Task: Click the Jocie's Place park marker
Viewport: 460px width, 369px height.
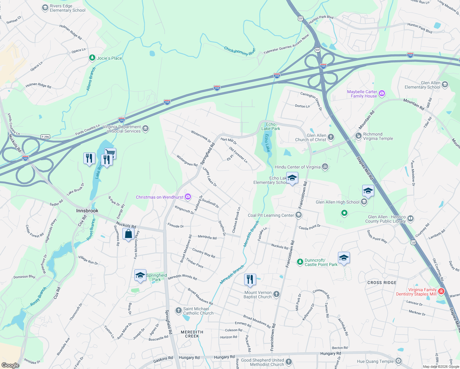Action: (x=92, y=58)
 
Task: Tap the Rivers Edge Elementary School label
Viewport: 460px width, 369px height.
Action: (x=67, y=8)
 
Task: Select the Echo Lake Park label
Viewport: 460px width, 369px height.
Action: (x=271, y=126)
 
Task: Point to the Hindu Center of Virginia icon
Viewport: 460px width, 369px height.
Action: (x=325, y=167)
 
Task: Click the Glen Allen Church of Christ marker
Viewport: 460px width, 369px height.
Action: (x=331, y=137)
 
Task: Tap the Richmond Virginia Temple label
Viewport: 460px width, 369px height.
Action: (x=378, y=136)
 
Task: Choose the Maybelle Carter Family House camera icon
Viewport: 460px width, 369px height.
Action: (x=382, y=93)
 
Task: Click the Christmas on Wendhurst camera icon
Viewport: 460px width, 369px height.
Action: (x=188, y=197)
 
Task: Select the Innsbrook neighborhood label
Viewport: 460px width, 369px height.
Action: (x=87, y=211)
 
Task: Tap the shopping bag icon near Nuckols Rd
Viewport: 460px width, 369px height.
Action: (x=128, y=234)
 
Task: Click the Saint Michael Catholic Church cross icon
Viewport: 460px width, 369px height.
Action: (x=179, y=311)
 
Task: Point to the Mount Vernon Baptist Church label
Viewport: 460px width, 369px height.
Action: (x=258, y=295)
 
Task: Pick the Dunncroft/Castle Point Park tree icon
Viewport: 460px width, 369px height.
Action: (x=300, y=262)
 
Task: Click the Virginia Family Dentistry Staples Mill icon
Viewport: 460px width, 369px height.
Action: (x=441, y=291)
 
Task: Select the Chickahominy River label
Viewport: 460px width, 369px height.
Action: (x=240, y=51)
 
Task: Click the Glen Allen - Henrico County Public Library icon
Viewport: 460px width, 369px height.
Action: (x=410, y=219)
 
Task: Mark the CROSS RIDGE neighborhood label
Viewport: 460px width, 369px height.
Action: (x=382, y=283)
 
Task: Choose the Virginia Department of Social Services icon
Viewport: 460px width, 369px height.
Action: (x=145, y=129)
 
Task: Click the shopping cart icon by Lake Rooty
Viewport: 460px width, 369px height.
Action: (x=110, y=153)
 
